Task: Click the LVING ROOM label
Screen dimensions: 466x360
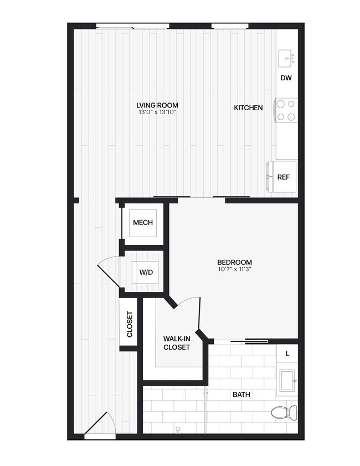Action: tap(157, 105)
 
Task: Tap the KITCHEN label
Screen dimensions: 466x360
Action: tap(248, 107)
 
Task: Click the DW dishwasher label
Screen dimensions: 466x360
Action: tap(286, 78)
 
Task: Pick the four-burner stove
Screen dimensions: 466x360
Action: tap(286, 110)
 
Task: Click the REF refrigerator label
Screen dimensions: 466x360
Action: tap(283, 177)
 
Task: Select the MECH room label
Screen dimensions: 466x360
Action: tap(143, 223)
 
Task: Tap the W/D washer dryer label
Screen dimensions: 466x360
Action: tap(146, 272)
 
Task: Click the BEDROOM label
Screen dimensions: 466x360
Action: tap(234, 262)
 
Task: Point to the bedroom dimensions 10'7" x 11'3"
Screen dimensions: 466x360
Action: tap(234, 270)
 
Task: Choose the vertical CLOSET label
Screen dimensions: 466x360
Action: tap(130, 325)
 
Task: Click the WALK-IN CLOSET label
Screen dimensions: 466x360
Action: tap(177, 343)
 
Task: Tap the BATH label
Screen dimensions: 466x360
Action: tap(241, 395)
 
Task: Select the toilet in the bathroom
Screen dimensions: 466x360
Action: tap(284, 412)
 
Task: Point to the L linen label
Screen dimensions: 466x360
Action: tap(287, 353)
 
